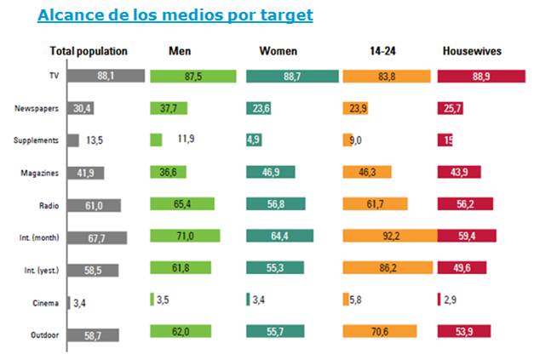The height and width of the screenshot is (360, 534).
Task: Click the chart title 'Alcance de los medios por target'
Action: [x=175, y=15]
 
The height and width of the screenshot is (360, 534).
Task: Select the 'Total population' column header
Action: [x=89, y=51]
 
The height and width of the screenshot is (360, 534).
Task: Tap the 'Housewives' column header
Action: [x=472, y=51]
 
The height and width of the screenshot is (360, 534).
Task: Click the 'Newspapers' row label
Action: [x=36, y=108]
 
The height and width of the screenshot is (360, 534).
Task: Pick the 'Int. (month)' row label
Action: [x=36, y=237]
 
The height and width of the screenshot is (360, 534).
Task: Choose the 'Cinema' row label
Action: [x=47, y=301]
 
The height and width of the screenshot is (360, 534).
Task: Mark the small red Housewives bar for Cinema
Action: [x=439, y=300]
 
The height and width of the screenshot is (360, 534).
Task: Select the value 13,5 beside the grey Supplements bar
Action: [x=96, y=140]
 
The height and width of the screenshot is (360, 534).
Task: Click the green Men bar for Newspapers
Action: [x=171, y=108]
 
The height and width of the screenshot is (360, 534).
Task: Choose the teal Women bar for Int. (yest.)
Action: [x=276, y=268]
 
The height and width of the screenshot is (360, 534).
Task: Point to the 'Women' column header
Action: [x=278, y=51]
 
